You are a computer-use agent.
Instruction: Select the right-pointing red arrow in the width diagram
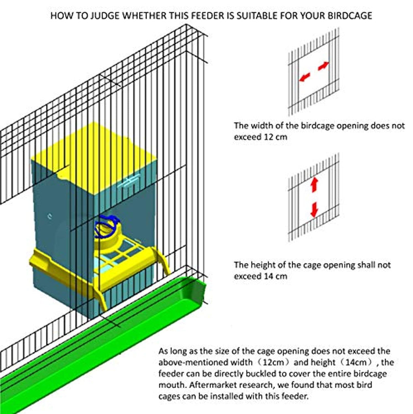(324, 65)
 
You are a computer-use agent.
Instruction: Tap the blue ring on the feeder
(106, 226)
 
